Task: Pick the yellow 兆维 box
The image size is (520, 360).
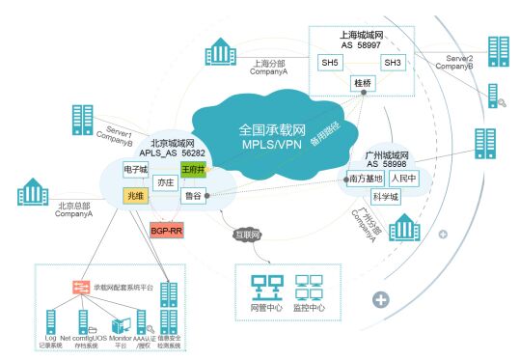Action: point(135,196)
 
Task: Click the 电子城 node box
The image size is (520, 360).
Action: point(135,169)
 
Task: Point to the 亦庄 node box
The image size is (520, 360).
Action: point(166,181)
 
